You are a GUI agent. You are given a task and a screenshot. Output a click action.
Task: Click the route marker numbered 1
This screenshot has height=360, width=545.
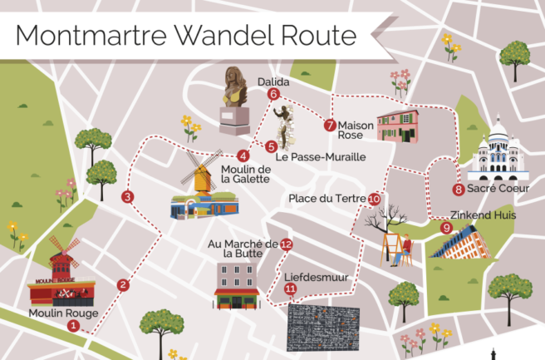click(x=73, y=326)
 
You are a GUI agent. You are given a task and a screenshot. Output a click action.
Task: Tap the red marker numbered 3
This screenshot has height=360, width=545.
click(x=127, y=197)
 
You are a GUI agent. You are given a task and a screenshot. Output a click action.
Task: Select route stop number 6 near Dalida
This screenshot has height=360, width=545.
click(x=273, y=95)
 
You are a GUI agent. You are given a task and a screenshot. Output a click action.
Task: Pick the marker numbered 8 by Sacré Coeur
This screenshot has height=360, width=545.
click(x=459, y=190)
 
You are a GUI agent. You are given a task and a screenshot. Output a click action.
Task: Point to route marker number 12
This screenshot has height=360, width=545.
click(x=286, y=244)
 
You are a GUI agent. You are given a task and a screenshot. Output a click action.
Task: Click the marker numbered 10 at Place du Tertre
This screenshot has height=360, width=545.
click(x=375, y=200)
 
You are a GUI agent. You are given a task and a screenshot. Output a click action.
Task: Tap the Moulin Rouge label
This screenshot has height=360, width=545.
click(x=63, y=313)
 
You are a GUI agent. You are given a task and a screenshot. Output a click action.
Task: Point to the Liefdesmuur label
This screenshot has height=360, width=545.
click(x=315, y=276)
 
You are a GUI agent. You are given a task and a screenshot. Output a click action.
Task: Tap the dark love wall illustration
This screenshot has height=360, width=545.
click(x=323, y=328)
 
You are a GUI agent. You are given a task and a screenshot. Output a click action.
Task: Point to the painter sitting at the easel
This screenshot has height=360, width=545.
click(x=405, y=249)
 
